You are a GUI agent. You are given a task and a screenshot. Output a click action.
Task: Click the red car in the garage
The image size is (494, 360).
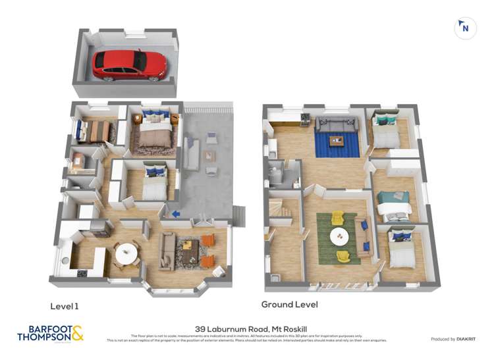130,65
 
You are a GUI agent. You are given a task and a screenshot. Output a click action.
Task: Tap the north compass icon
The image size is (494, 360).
465,28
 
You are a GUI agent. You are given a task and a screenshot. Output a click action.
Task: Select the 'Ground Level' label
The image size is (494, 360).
289,305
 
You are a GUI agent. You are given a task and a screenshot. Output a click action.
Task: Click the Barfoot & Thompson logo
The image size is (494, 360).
50,334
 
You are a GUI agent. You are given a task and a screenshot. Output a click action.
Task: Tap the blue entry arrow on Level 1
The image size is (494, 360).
176,213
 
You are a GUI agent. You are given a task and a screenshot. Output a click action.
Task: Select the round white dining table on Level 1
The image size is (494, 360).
126,251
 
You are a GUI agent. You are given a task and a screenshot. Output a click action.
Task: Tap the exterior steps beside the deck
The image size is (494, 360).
239,215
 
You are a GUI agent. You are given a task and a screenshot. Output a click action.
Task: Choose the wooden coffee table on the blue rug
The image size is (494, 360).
337,140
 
